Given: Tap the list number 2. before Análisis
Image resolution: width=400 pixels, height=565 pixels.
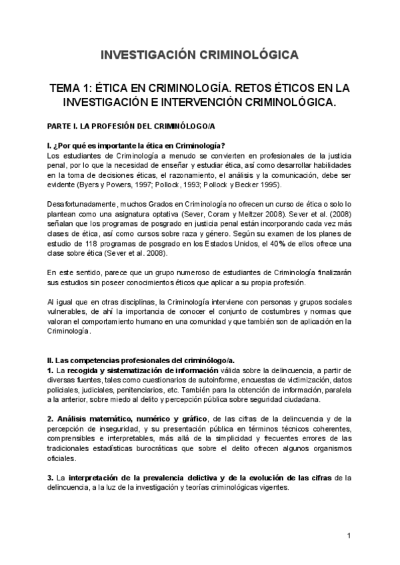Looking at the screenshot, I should coord(50,418).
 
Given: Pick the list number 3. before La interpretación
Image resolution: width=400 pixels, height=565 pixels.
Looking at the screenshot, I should coord(50,478).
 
